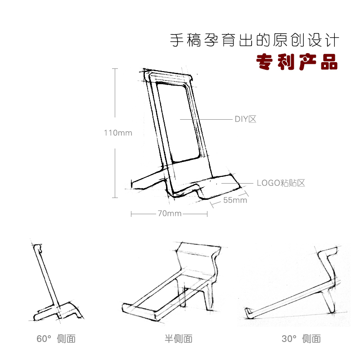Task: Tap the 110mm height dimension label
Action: tap(118, 133)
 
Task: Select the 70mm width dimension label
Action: tap(170, 213)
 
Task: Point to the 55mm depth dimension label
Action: tap(235, 200)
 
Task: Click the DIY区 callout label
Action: tap(245, 119)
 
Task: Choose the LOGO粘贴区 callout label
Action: tap(281, 183)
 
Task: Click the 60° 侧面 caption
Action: tap(56, 339)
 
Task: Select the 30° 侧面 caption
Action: tap(301, 339)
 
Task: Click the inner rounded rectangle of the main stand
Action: tap(178, 121)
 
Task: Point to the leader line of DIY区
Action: tap(207, 119)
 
